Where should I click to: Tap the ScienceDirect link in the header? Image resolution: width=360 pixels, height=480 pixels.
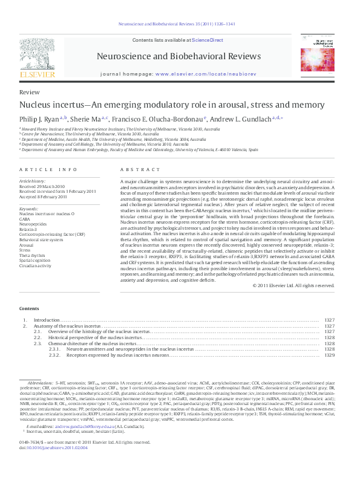tap(207, 40)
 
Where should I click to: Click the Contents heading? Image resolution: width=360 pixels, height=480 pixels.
tap(29, 308)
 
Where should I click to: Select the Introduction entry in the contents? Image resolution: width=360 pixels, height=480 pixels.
tap(46, 319)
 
